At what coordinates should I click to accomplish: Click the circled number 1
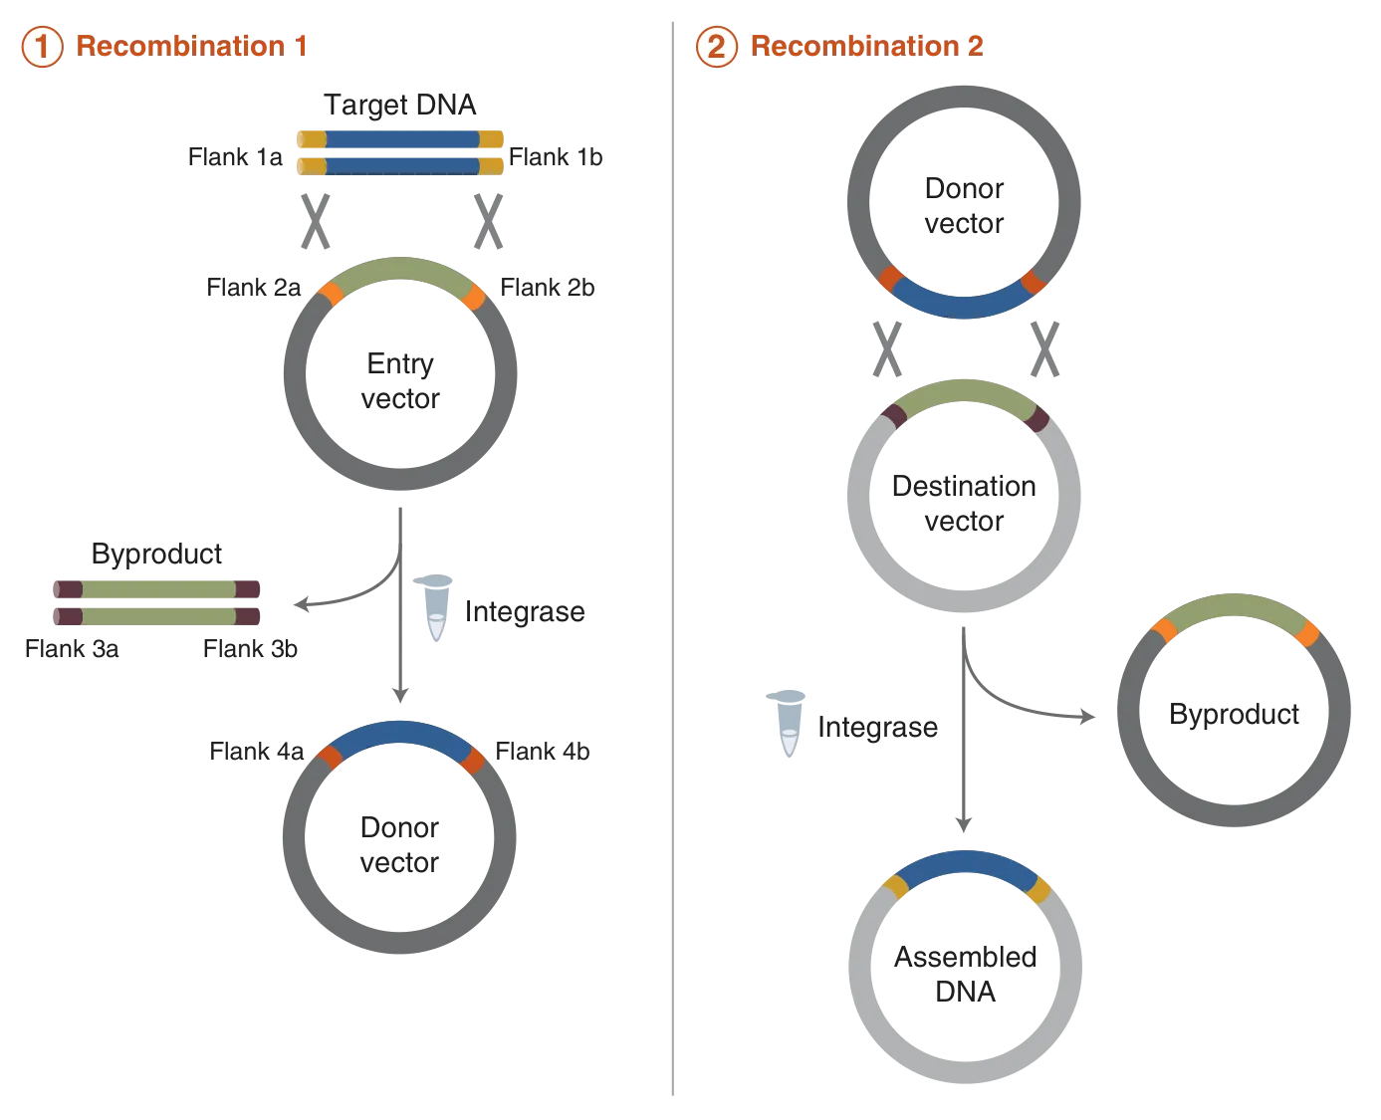coord(41,47)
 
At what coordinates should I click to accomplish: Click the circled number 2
coord(716,47)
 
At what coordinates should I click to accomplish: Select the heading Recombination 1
coord(193,46)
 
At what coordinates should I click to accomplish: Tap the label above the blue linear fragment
coord(399,105)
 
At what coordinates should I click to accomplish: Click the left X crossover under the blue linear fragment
coord(315,223)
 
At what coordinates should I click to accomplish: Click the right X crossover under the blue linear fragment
coord(489,223)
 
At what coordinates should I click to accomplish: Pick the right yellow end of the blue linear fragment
coord(494,152)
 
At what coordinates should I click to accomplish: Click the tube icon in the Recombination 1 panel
coord(436,605)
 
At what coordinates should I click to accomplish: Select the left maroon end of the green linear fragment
coord(68,602)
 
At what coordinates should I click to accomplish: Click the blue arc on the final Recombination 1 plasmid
coord(399,735)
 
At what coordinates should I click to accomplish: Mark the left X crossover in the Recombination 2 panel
coord(886,350)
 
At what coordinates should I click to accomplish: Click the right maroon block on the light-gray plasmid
coord(1036,417)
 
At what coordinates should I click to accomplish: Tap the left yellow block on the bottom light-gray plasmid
coord(893,885)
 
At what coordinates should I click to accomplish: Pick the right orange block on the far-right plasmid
coord(1307,633)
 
